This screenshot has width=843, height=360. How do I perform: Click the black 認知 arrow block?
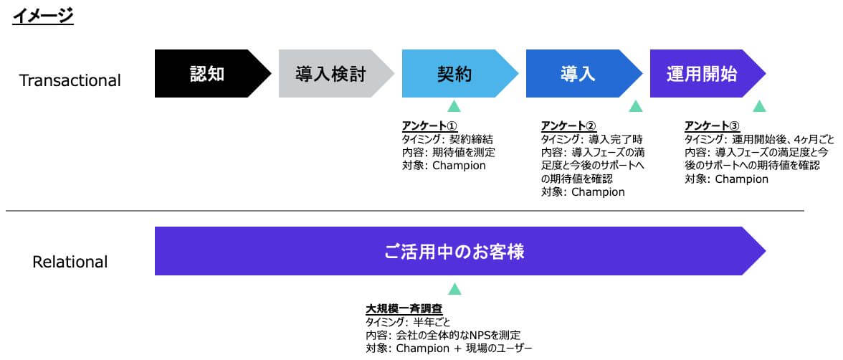[x=213, y=74]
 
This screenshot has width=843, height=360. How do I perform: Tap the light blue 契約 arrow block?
[x=460, y=74]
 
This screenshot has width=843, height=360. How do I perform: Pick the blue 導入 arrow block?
[x=584, y=74]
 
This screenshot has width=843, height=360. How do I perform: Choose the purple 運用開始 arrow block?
[x=708, y=74]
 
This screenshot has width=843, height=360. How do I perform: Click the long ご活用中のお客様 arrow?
[x=460, y=251]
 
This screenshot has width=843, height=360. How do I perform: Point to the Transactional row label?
[x=70, y=81]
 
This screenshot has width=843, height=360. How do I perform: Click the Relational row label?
[x=70, y=262]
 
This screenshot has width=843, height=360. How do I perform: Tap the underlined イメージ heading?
[x=42, y=16]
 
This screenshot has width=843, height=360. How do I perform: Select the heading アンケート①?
[x=429, y=126]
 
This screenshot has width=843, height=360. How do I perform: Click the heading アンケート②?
[x=568, y=126]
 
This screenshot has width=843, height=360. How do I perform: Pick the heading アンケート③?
[x=713, y=126]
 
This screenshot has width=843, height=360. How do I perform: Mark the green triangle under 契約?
[x=454, y=106]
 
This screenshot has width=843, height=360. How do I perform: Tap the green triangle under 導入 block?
[x=636, y=106]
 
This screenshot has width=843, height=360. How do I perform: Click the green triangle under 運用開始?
[x=759, y=106]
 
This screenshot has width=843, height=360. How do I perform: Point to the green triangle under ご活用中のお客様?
[x=454, y=289]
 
